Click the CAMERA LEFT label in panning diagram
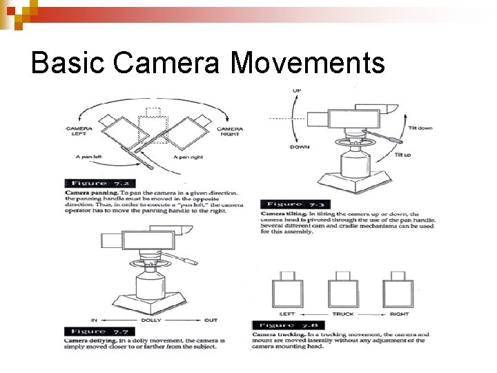point(77,132)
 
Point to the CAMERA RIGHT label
point(229,132)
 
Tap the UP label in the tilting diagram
point(296,90)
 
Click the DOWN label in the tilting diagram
point(299,147)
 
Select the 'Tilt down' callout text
point(420,128)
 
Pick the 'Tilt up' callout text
point(402,155)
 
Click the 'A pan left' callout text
point(89,157)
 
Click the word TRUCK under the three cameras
point(343,314)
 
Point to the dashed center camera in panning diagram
point(153,125)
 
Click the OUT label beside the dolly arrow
point(211,321)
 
